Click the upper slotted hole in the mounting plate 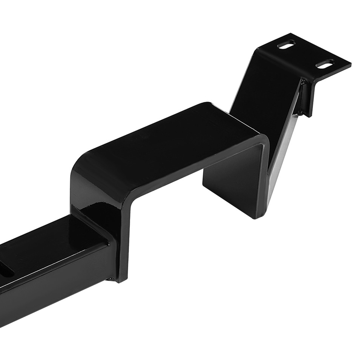coord(287,44)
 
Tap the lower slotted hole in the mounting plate coord(325,64)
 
